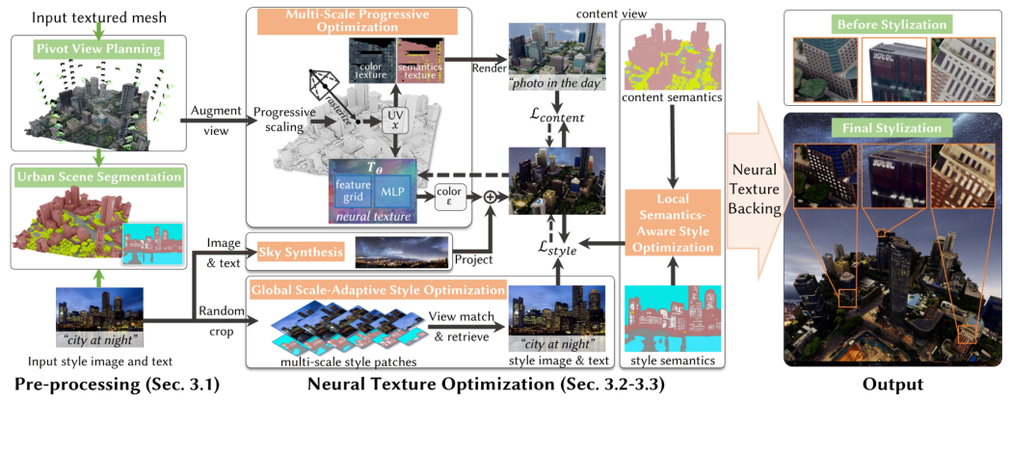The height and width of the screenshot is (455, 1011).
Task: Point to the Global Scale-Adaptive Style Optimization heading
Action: tap(377, 289)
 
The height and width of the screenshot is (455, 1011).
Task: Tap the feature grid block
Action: tap(349, 192)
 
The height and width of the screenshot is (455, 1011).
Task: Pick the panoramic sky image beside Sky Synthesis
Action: tap(402, 252)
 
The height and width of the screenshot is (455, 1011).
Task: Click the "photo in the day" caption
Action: tap(554, 84)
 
